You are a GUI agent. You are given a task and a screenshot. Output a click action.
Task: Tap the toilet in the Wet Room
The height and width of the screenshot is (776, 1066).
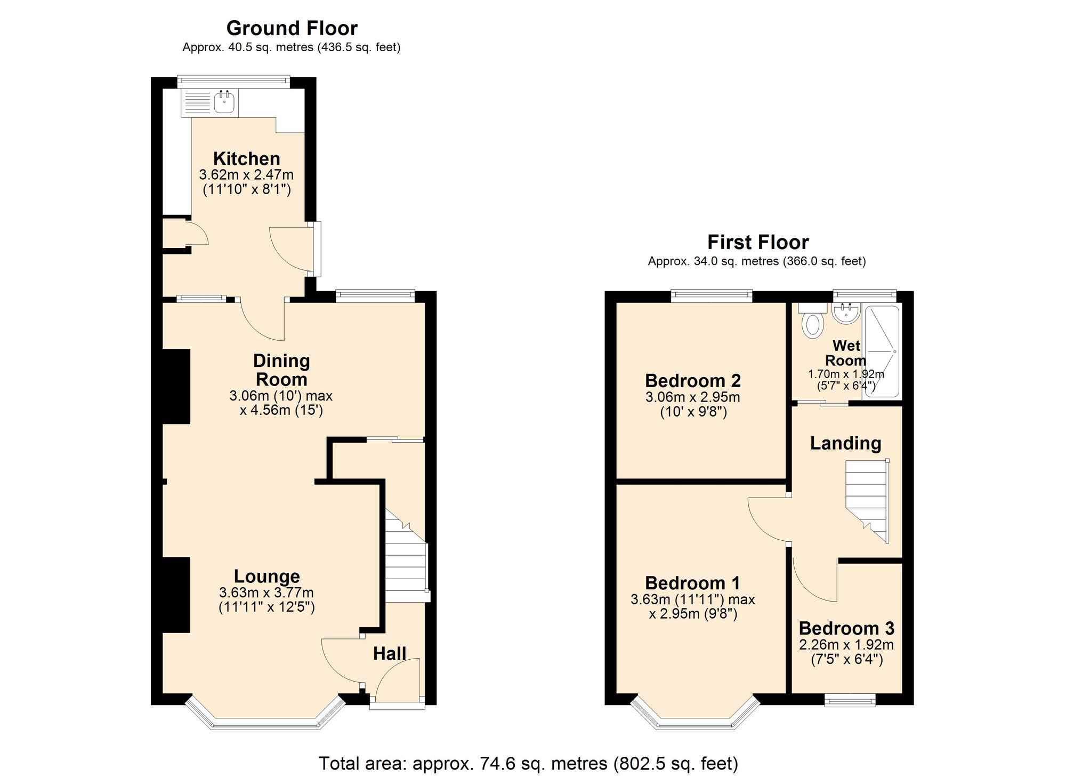pos(812,323)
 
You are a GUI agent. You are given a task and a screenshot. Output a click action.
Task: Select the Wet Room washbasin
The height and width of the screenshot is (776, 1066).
pos(846,314)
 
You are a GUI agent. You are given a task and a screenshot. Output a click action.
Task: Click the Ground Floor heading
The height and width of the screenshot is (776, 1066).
pos(292,28)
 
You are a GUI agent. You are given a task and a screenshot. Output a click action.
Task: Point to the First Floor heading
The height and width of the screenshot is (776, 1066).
pos(757,242)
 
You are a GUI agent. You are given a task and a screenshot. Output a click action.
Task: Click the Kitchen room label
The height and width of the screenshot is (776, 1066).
pos(246,158)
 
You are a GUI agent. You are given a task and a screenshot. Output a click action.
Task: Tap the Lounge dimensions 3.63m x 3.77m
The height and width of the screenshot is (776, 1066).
pos(266,593)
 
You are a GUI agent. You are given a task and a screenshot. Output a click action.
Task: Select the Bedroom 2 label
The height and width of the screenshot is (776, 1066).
pos(692,380)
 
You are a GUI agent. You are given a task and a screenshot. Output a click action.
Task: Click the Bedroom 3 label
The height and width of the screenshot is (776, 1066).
pos(846,628)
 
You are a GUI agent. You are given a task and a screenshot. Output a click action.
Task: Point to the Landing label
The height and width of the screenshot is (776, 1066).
pos(845,443)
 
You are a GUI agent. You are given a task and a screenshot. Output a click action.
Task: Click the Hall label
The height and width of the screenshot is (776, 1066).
pos(389,653)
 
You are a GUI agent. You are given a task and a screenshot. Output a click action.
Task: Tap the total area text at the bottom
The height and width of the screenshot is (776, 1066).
pos(528,763)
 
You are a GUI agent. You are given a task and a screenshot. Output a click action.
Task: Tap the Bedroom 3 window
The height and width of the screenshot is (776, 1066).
pos(850,700)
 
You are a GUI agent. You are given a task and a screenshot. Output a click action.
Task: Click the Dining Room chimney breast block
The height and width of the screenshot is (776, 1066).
pos(176,386)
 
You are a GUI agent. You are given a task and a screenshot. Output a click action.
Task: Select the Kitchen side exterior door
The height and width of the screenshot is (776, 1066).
pos(317,249)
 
